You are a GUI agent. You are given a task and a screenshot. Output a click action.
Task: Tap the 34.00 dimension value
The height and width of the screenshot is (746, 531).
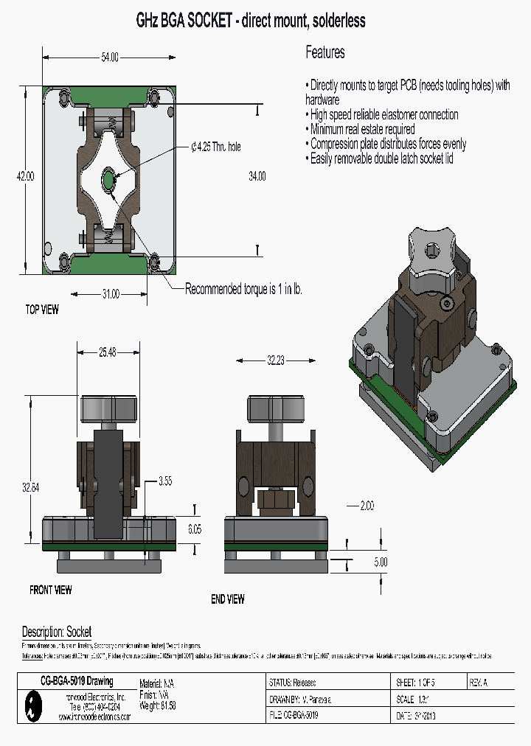tap(257, 176)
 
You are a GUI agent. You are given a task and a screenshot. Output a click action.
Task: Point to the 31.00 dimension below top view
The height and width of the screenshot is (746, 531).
tap(109, 294)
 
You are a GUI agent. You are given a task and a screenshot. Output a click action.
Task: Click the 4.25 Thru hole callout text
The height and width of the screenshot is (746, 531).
tap(216, 147)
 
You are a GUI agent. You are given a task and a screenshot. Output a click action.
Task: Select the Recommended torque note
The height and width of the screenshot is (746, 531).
tap(243, 289)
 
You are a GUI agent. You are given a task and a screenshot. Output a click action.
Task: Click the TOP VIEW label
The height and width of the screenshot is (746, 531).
tap(42, 310)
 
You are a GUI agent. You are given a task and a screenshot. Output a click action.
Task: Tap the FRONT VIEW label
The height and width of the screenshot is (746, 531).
tap(51, 590)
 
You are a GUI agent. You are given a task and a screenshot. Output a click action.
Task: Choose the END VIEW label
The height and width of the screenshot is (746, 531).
tap(228, 599)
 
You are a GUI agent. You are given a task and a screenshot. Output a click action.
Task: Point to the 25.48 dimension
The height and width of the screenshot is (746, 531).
tap(108, 352)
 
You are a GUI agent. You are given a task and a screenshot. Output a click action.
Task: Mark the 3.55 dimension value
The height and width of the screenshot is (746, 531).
tap(164, 481)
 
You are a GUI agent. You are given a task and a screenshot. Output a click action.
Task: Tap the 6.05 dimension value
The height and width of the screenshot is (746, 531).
tap(194, 529)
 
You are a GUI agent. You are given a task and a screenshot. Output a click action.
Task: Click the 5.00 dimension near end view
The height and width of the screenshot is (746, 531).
tap(380, 562)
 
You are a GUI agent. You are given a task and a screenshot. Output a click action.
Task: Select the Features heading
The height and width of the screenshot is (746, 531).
tap(325, 52)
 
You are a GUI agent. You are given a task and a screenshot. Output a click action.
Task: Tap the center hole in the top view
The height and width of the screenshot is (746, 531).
tap(109, 178)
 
